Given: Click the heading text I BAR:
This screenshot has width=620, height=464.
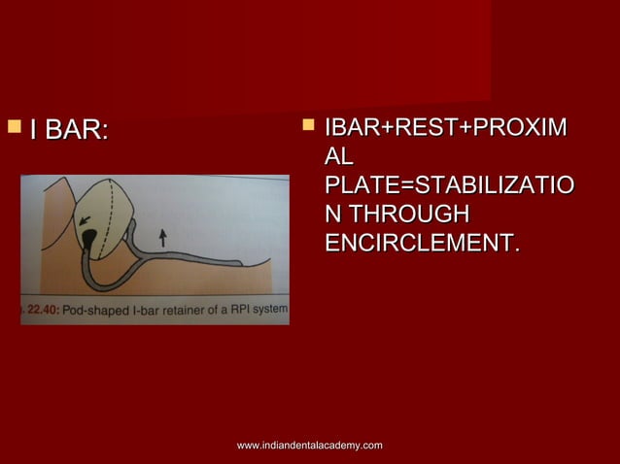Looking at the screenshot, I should [69, 129].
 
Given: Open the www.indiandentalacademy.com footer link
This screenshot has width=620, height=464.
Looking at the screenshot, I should [309, 445].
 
